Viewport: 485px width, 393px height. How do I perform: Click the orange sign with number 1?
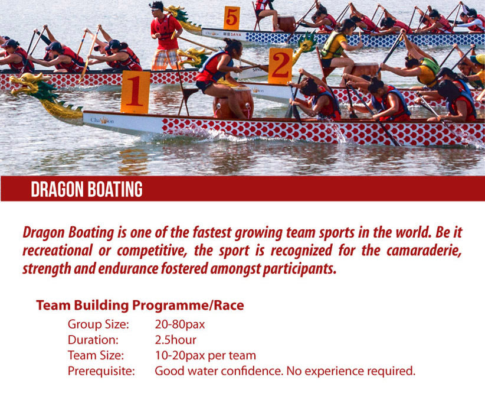135,92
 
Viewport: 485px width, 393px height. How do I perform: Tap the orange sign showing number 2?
280,66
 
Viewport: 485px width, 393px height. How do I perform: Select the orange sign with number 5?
232,18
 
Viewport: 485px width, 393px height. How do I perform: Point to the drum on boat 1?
234,103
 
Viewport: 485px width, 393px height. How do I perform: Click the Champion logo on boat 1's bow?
102,120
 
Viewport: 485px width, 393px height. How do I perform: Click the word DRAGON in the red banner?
57,189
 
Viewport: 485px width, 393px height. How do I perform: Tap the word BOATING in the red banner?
114,189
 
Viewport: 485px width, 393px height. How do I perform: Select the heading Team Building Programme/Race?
140,306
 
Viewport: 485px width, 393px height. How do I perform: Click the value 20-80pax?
180,324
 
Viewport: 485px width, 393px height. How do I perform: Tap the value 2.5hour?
175,340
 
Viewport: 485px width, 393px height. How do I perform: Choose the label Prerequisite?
101,371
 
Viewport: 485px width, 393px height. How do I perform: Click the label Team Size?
96,355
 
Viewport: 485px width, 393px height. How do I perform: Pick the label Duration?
93,340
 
